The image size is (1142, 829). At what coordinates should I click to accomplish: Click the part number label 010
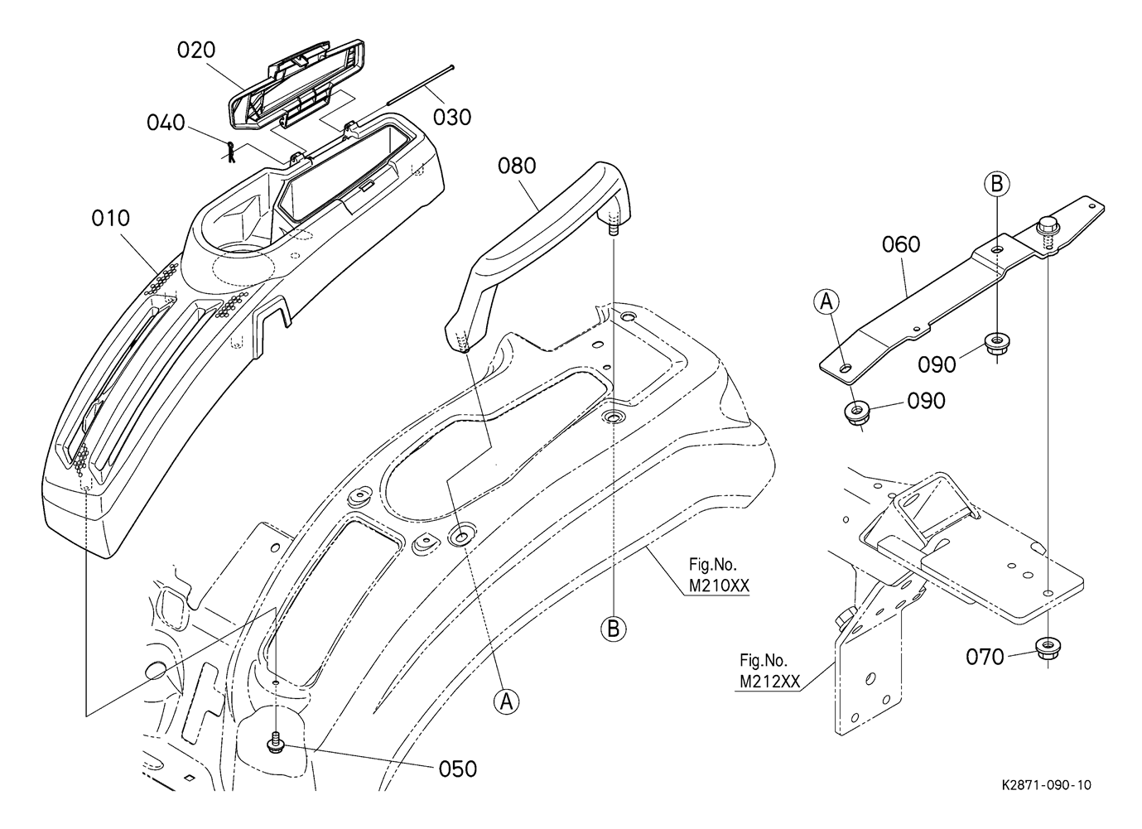click(x=111, y=218)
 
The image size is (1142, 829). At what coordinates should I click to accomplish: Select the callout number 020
click(x=196, y=50)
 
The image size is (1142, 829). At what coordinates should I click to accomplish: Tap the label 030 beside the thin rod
click(x=452, y=118)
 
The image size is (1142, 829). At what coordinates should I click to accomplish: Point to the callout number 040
click(x=166, y=123)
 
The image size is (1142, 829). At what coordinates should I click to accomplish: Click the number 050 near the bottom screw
click(x=458, y=769)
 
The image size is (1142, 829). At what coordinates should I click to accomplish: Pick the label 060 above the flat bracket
click(x=901, y=244)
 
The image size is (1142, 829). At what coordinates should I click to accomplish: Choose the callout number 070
click(x=985, y=658)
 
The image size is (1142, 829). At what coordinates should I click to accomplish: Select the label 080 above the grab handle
click(x=517, y=166)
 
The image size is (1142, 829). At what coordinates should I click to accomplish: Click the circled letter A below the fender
click(x=506, y=701)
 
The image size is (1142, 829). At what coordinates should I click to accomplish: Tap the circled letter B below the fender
click(x=614, y=629)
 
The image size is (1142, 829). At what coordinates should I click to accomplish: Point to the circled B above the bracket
click(x=997, y=184)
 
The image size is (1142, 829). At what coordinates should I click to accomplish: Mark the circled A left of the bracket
click(x=826, y=301)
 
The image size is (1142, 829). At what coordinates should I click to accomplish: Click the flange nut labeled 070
click(x=1047, y=648)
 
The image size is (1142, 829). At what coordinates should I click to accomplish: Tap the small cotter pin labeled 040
click(x=231, y=152)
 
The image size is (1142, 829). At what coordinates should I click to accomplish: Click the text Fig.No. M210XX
click(x=719, y=575)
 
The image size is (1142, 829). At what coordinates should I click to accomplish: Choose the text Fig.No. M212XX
click(x=770, y=671)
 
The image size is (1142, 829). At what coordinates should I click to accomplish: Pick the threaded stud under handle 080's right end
click(x=614, y=228)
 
